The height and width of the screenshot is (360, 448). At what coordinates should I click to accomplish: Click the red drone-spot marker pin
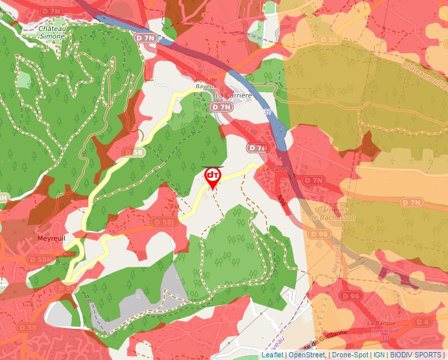[212, 176]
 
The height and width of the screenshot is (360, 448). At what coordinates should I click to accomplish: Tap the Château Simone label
[52, 33]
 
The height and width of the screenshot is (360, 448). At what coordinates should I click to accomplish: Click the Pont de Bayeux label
[206, 84]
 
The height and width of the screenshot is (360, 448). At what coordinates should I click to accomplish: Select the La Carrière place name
[234, 95]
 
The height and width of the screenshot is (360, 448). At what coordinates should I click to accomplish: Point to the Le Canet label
[275, 169]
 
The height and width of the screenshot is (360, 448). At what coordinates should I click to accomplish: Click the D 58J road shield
[165, 222]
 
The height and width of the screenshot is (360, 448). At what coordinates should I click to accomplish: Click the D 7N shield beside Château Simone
[147, 38]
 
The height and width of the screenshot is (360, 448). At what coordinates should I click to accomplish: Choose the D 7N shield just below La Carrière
[221, 107]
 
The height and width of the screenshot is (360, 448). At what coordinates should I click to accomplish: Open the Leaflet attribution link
[272, 355]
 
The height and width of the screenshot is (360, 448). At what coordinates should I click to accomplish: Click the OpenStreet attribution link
[307, 355]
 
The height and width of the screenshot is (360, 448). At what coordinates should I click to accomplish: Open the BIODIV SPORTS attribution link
[416, 355]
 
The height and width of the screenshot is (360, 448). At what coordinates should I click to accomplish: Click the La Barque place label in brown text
[380, 324]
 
